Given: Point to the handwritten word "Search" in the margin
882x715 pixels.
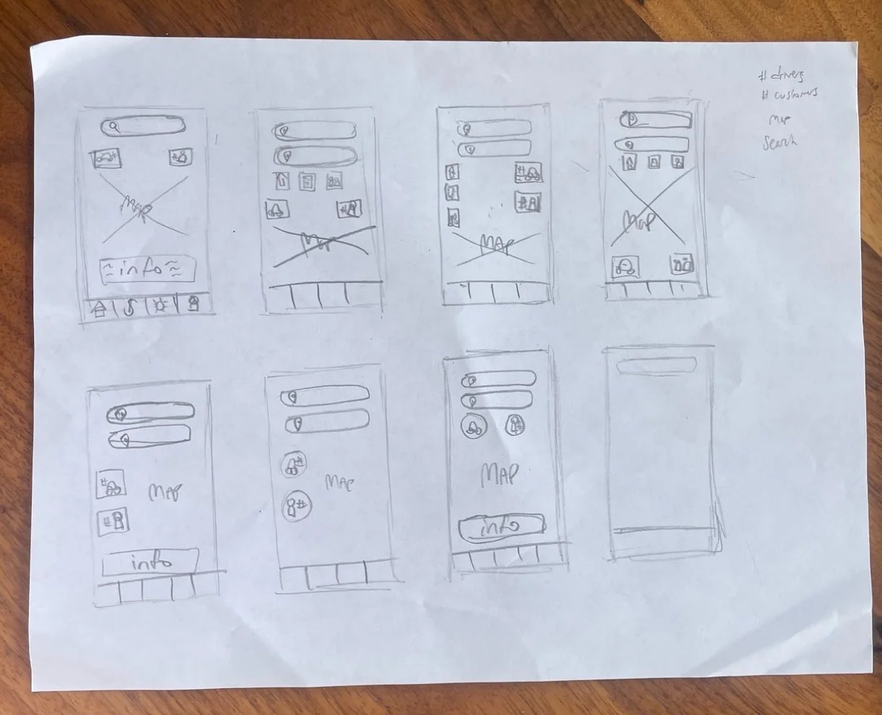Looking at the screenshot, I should click(x=780, y=141).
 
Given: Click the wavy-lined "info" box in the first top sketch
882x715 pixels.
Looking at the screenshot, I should click(x=148, y=271).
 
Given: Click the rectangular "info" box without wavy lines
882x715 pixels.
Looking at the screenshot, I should click(x=151, y=561).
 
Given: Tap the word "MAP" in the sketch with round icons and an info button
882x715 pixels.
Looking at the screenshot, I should click(x=499, y=475).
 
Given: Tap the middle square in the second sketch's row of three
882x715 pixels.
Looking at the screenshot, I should click(x=306, y=181).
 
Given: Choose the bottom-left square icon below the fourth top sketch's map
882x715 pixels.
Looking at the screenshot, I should click(x=626, y=267).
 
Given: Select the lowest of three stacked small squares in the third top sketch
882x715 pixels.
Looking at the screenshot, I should click(x=453, y=216).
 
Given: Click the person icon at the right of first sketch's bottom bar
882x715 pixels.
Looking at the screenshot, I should click(x=193, y=305).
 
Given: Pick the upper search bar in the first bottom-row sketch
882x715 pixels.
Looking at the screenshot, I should click(x=150, y=413).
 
